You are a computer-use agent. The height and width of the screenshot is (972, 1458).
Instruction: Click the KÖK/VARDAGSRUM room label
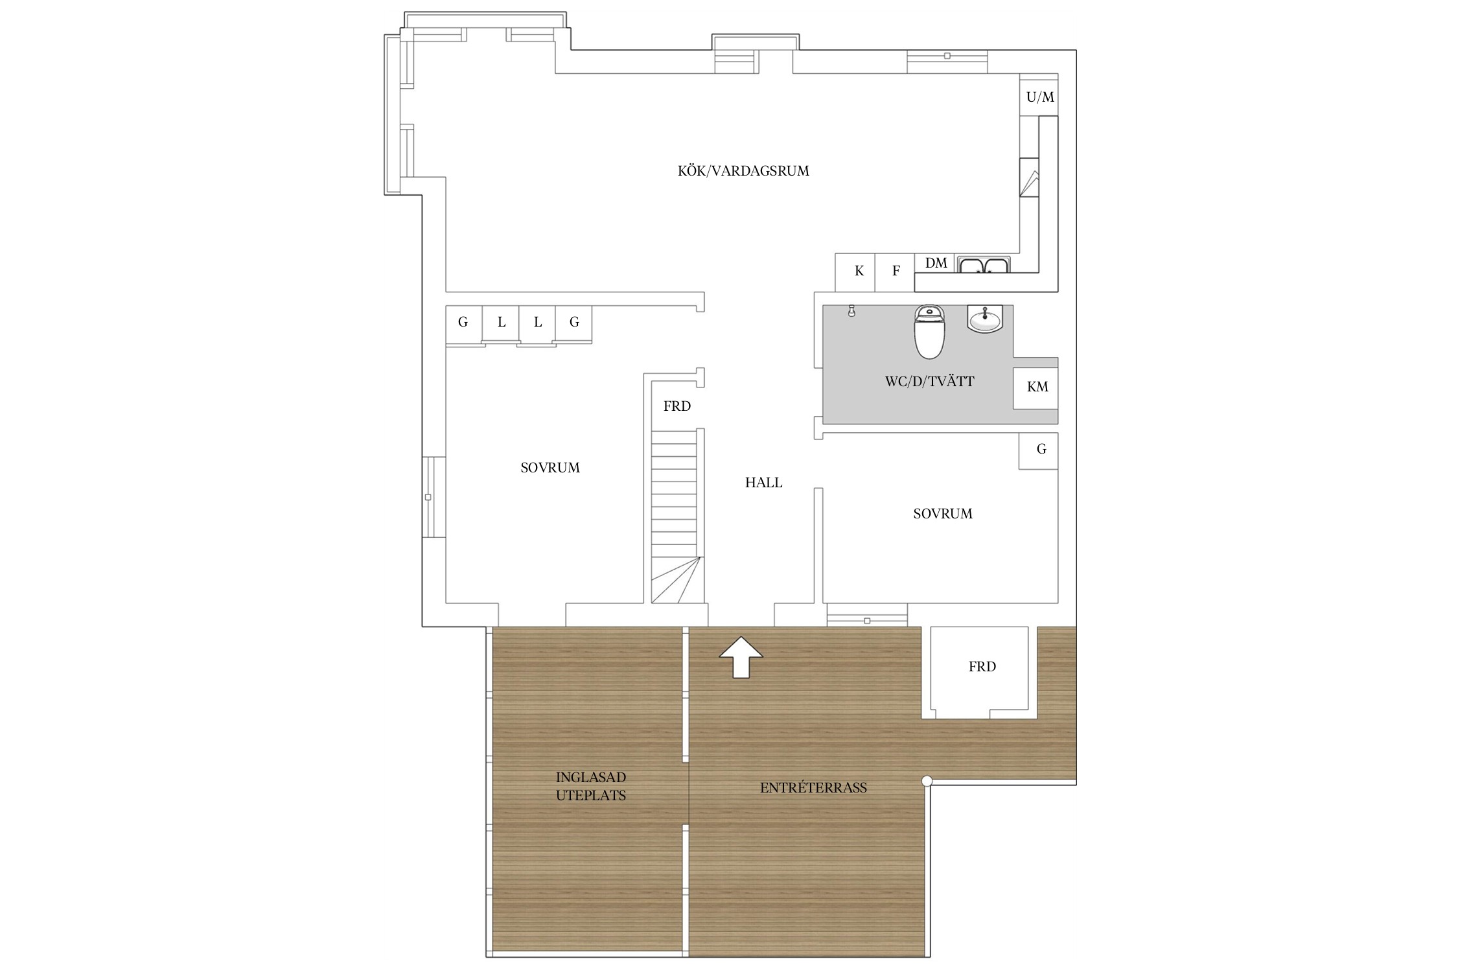[743, 171]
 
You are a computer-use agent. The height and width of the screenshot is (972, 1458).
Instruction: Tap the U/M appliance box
[1039, 97]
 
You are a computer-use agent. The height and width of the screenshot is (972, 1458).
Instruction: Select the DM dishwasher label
[936, 262]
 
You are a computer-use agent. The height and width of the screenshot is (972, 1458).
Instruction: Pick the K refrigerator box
[855, 272]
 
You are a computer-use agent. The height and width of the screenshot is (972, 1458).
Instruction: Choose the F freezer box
[895, 272]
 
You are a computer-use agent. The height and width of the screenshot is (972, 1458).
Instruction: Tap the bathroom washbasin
[985, 319]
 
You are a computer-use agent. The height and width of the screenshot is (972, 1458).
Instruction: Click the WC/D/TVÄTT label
[929, 382]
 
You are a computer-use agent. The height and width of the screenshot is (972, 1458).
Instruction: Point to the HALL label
[763, 483]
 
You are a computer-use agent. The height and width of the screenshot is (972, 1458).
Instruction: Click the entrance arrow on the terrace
[741, 657]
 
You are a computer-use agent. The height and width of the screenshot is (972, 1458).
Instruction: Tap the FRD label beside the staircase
[677, 406]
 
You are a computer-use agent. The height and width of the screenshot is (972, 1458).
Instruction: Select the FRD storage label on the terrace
[982, 667]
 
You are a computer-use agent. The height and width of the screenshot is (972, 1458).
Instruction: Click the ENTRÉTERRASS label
[813, 788]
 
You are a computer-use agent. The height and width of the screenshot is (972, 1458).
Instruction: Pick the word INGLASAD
[591, 778]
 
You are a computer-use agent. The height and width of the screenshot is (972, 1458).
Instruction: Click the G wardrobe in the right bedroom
[1038, 450]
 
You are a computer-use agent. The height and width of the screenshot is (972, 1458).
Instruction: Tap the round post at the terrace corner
[927, 781]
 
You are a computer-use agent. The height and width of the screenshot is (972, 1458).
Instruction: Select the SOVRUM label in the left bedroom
[550, 468]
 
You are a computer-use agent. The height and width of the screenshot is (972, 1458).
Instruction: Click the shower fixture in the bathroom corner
[851, 311]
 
